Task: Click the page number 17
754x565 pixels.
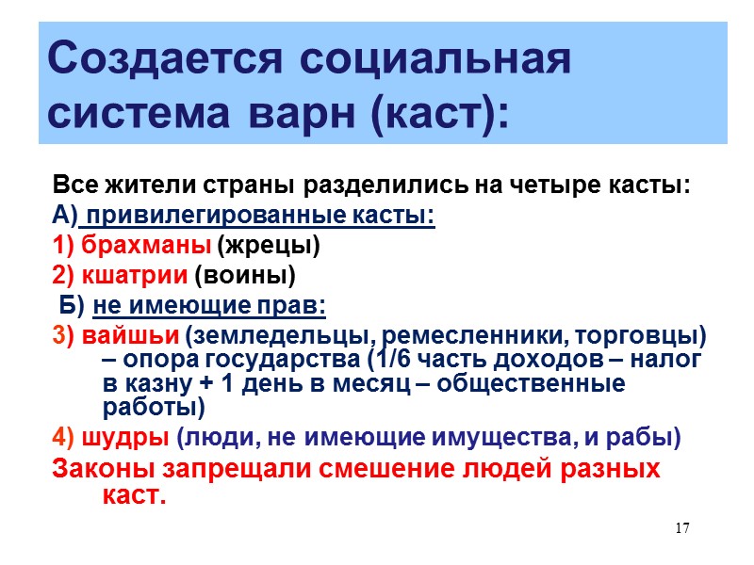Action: (x=683, y=527)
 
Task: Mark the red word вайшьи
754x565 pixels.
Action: (x=132, y=336)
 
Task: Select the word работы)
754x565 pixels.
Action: (x=152, y=408)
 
